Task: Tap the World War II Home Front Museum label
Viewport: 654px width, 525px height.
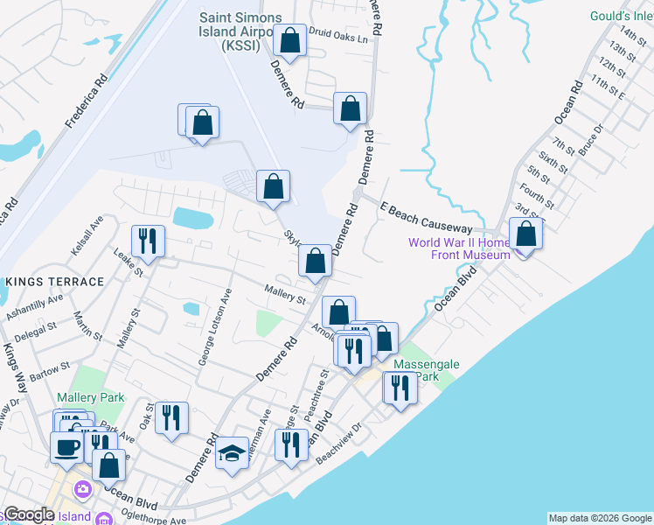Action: pyautogui.click(x=458, y=248)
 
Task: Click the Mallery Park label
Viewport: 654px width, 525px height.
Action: pyautogui.click(x=91, y=397)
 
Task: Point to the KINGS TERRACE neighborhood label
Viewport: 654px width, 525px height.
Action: pyautogui.click(x=54, y=282)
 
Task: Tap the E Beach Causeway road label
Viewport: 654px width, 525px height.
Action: pyautogui.click(x=426, y=217)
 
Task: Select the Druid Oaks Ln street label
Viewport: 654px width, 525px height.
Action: pyautogui.click(x=337, y=38)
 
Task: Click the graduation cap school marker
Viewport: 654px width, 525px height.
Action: pyautogui.click(x=232, y=453)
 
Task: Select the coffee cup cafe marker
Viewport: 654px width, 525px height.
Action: pyautogui.click(x=67, y=447)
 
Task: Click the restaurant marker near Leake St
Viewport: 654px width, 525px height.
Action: pyautogui.click(x=147, y=241)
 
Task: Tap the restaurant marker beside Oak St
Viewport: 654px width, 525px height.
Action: pyautogui.click(x=171, y=417)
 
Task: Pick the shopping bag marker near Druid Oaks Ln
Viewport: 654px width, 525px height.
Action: pyautogui.click(x=289, y=39)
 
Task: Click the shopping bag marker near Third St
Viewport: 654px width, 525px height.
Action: pyautogui.click(x=525, y=234)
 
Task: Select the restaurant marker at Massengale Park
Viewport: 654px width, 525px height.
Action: pyautogui.click(x=400, y=386)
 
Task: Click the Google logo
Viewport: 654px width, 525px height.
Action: pyautogui.click(x=29, y=514)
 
